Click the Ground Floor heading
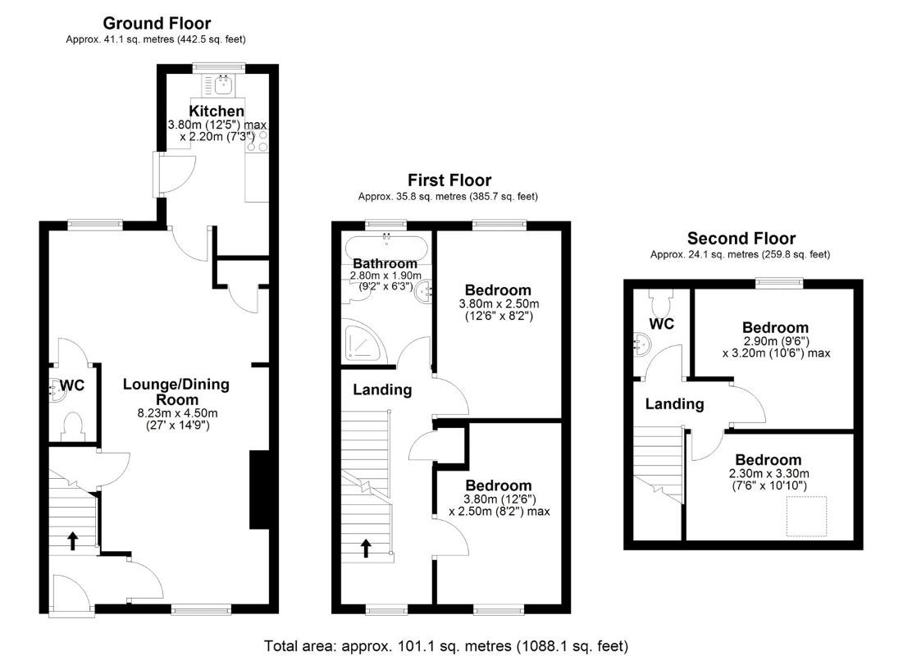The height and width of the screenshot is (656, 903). point(156,24)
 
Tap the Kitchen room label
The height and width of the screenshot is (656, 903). point(217,111)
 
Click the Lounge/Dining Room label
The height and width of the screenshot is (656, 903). point(176,391)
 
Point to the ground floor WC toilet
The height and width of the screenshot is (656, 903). point(73,424)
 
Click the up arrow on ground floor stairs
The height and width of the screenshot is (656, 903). point(72,540)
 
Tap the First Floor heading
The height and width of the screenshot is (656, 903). point(449,180)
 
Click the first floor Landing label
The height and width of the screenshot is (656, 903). point(382,389)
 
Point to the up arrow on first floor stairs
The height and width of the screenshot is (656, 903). point(366,547)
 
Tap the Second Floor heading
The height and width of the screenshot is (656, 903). point(741,239)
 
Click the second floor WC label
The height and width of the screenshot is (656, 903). point(661,324)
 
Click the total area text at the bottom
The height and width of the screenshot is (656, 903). point(447,644)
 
